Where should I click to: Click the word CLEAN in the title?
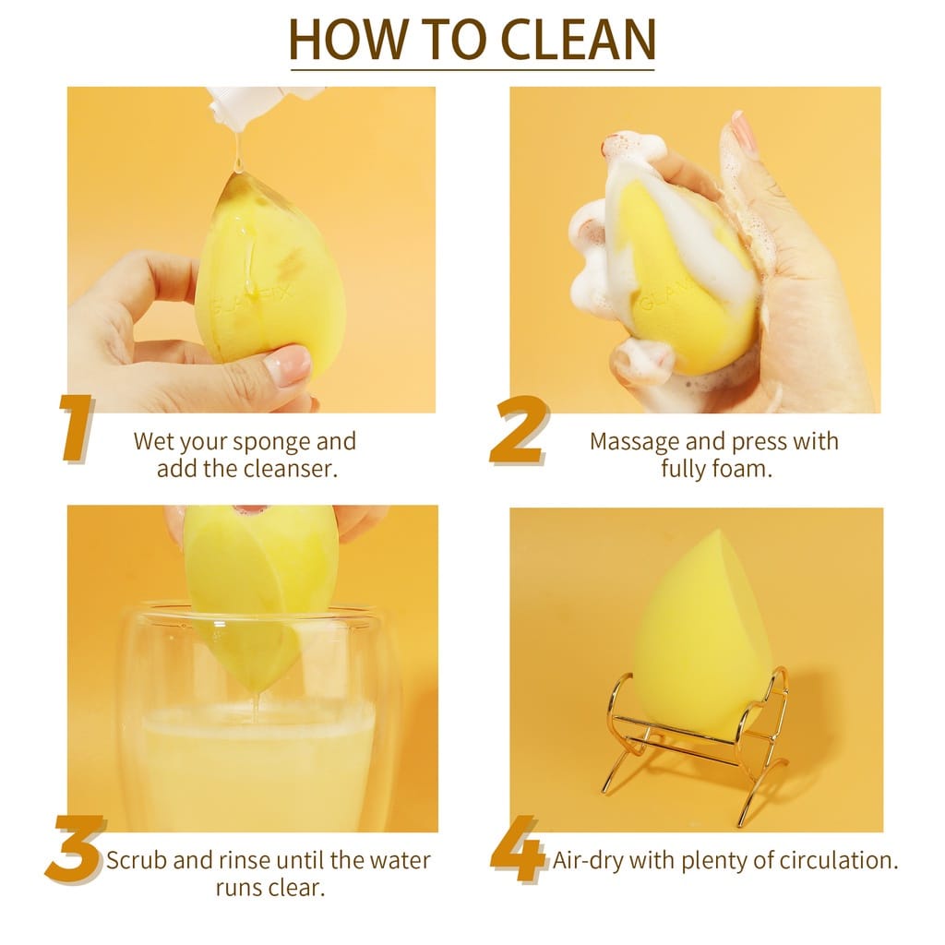(x=578, y=39)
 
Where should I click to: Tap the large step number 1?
(x=77, y=428)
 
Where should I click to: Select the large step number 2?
(x=519, y=430)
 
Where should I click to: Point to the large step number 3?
(x=75, y=849)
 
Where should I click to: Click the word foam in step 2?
(x=744, y=468)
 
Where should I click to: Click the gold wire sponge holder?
(x=694, y=745)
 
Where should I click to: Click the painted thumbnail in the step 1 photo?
(x=288, y=365)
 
